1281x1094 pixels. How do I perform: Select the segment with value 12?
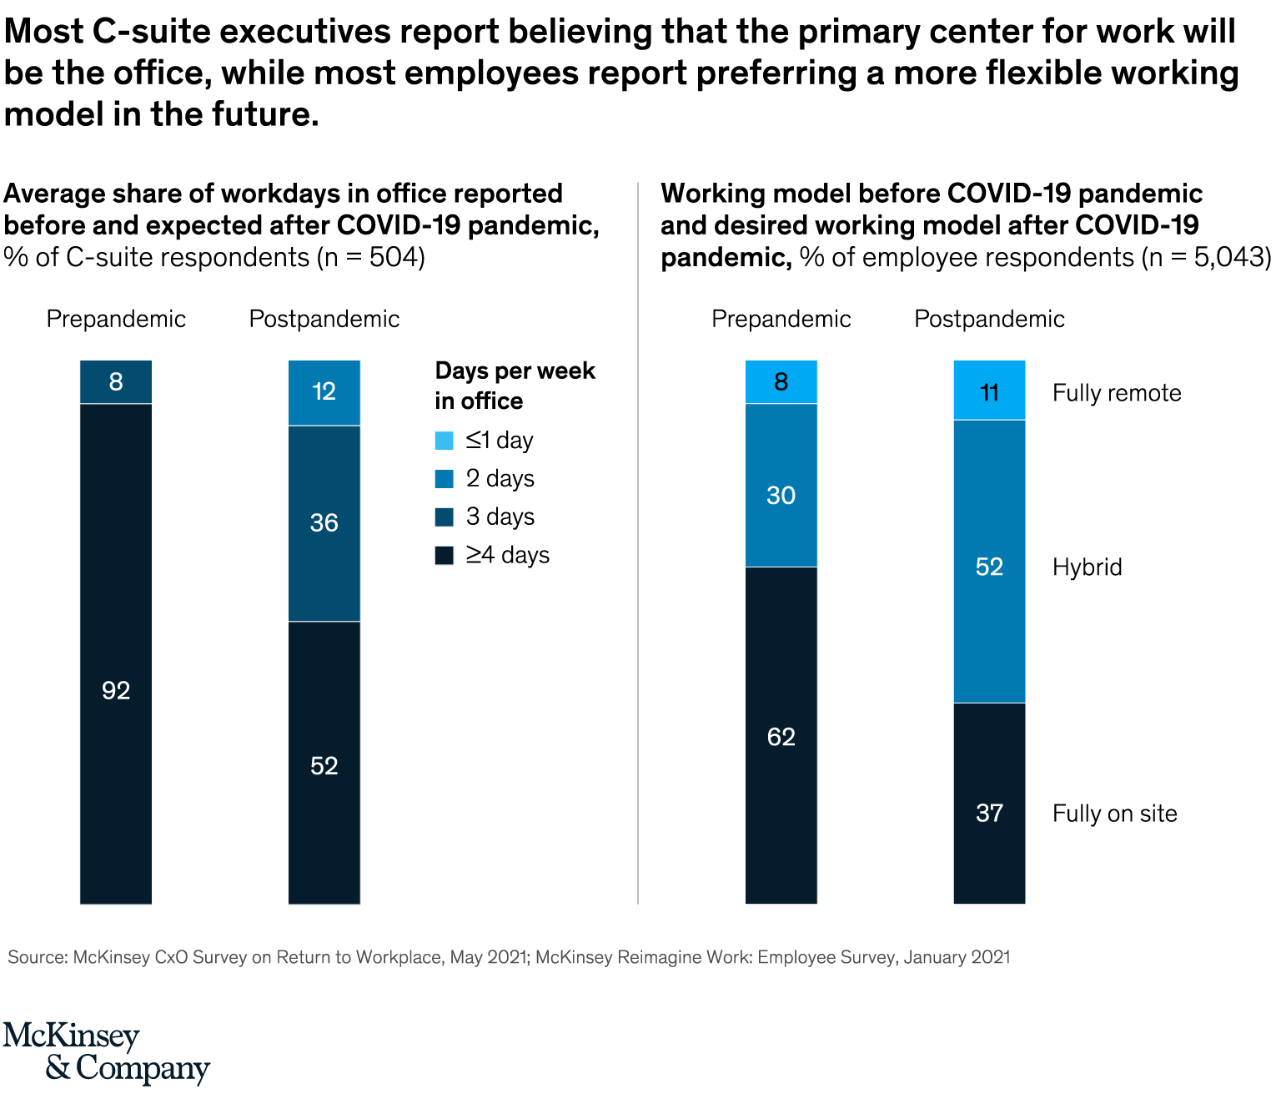pos(324,392)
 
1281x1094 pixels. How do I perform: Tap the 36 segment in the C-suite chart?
pos(324,523)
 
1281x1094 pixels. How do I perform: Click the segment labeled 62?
pos(781,734)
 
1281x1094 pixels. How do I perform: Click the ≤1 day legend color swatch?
pos(445,441)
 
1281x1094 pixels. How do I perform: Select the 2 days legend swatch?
pos(445,479)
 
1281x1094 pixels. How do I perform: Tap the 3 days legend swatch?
pos(445,517)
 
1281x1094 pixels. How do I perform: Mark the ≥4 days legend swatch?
pos(445,556)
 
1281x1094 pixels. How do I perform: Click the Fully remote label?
pos(1117,393)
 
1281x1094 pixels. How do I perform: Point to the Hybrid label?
pos(1088,567)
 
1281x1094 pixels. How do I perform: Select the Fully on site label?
pos(1115,814)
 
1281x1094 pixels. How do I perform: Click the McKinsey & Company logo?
pos(106,1052)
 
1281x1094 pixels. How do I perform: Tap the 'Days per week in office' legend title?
pos(515,386)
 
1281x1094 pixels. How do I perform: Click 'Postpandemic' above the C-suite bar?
pos(324,319)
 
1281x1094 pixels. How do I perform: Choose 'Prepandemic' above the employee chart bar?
pos(781,319)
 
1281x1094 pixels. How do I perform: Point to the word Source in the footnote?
pos(37,957)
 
